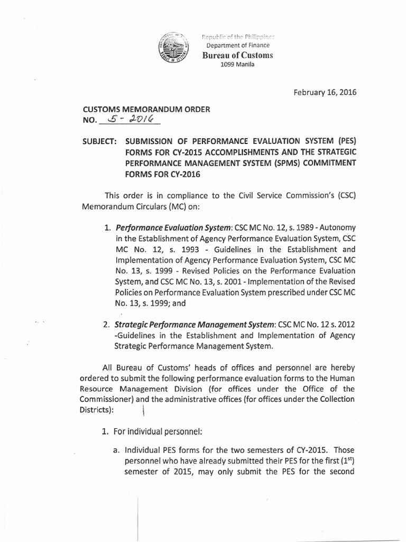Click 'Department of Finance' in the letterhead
(238, 46)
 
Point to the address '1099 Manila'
(237, 65)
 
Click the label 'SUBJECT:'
(100, 142)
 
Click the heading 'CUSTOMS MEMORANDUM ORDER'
(146, 109)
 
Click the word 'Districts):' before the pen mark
(101, 409)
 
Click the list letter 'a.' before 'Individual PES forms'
(115, 450)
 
